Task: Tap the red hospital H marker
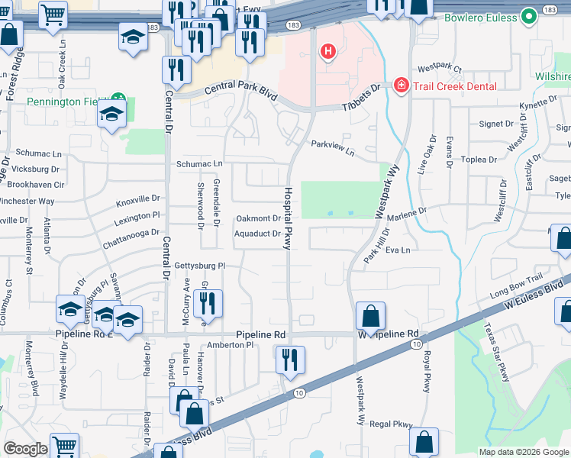pyautogui.click(x=328, y=52)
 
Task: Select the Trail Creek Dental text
pyautogui.click(x=456, y=86)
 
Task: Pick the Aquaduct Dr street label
pyautogui.click(x=257, y=234)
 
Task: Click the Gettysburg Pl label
pyautogui.click(x=201, y=265)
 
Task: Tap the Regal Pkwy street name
pyautogui.click(x=391, y=424)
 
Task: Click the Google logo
pyautogui.click(x=26, y=449)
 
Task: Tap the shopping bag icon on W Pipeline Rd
pyautogui.click(x=370, y=315)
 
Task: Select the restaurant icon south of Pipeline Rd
pyautogui.click(x=290, y=360)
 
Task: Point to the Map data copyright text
pyautogui.click(x=523, y=452)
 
